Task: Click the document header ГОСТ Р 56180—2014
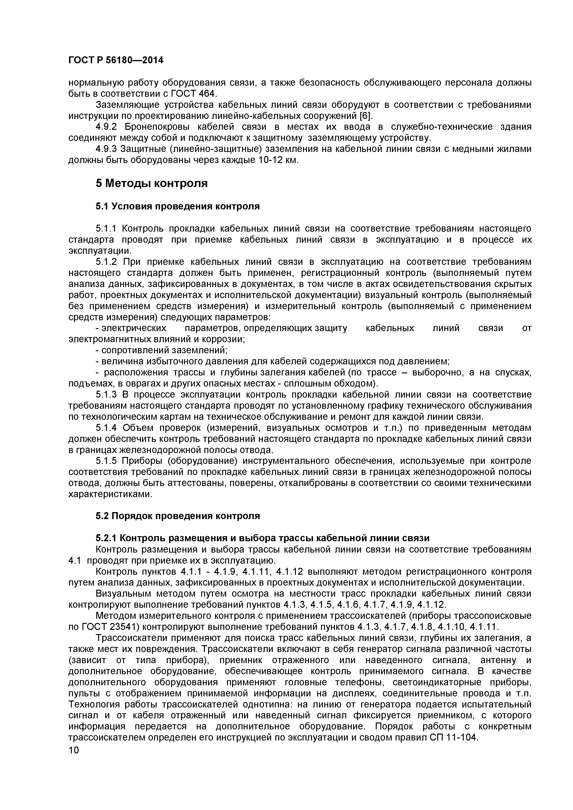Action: pos(116,60)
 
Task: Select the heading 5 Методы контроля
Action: pos(152,183)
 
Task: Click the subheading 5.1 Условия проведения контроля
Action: pos(177,206)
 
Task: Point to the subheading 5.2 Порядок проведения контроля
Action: pos(177,516)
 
